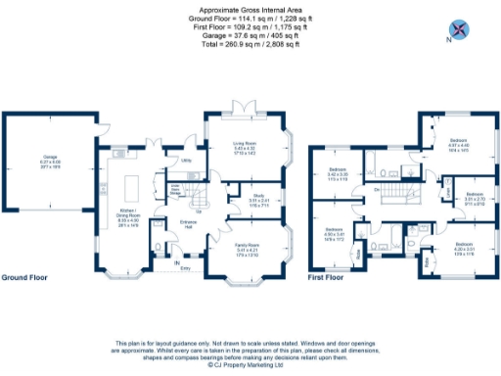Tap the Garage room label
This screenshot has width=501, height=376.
point(50,164)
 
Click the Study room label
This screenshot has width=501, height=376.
point(240,203)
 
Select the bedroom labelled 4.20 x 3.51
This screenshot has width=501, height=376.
point(464,247)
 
